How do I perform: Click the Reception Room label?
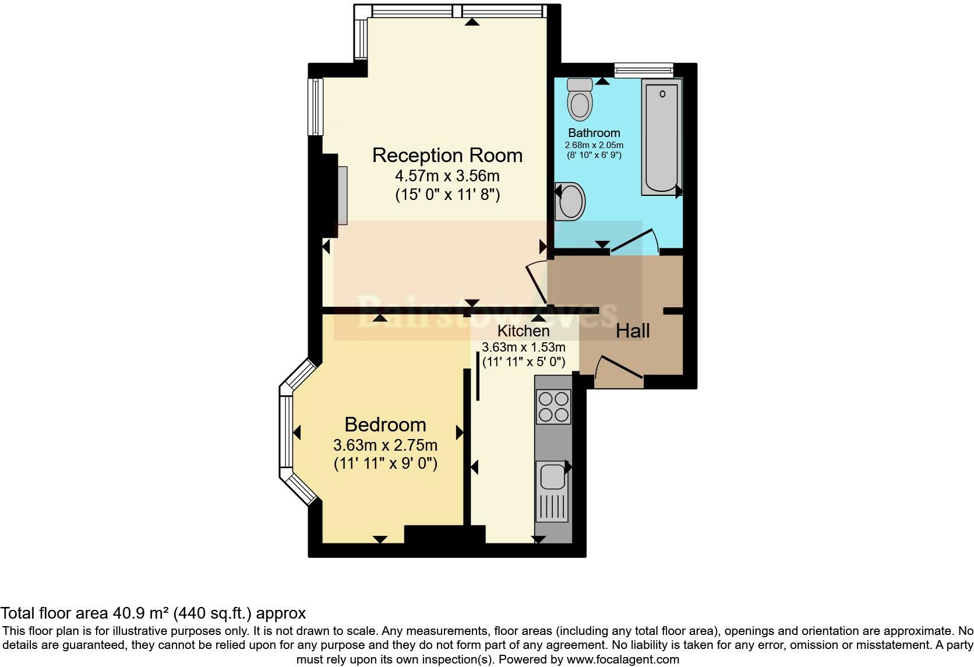[x=447, y=155]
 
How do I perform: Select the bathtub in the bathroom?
[x=661, y=137]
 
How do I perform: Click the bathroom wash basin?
[x=570, y=202]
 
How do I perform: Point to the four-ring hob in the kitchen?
[x=553, y=406]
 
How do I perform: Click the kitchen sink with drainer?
[x=552, y=490]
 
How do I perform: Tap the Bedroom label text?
[x=385, y=424]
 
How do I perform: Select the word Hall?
[x=633, y=331]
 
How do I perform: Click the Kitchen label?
[x=523, y=331]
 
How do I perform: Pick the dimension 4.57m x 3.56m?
[x=447, y=175]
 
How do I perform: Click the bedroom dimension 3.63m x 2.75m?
[x=385, y=445]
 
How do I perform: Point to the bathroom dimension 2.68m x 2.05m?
[x=594, y=145]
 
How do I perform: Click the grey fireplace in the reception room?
[x=342, y=195]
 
